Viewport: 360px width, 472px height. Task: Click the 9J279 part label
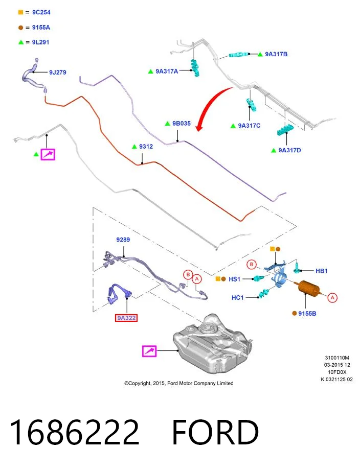(58, 72)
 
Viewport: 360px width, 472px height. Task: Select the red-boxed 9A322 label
(126, 318)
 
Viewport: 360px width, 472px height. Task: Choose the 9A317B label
(276, 54)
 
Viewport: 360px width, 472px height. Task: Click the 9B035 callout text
(182, 124)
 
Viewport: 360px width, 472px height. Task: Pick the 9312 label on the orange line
(146, 147)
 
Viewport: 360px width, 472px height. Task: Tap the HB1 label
(322, 271)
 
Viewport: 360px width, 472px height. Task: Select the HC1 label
(237, 298)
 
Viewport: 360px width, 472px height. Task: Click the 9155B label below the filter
(307, 313)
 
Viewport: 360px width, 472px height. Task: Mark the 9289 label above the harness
(123, 240)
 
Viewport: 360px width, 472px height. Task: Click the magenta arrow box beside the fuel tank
(149, 351)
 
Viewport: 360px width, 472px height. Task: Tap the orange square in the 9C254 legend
(20, 12)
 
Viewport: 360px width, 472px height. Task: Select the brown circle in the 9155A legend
(20, 28)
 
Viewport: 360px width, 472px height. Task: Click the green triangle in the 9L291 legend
(21, 42)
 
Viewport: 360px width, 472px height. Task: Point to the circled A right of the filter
(332, 298)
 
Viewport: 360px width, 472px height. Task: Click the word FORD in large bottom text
(215, 432)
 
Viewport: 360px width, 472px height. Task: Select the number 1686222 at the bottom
(75, 432)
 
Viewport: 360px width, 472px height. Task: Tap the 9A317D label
(289, 150)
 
